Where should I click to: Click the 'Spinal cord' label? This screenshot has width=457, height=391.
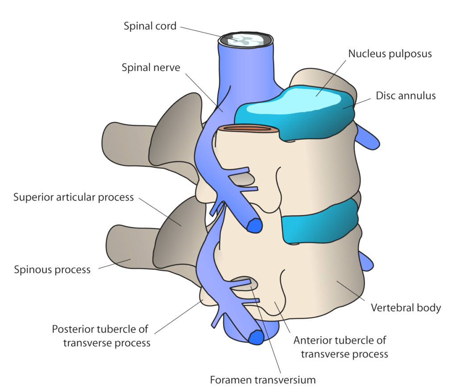pos(150,26)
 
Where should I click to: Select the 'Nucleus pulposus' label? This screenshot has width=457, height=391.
pos(390,54)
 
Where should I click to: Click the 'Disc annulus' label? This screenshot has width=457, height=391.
pos(405,95)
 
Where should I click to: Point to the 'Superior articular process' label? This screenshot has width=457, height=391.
pos(73,197)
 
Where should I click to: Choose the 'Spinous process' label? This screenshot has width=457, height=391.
pos(52,269)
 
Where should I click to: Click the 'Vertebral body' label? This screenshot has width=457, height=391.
pos(406,307)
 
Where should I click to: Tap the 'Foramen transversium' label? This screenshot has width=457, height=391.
pos(263,380)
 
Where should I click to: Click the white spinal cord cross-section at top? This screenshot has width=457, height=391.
pos(245,40)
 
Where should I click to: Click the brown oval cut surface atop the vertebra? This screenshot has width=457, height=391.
pos(248,129)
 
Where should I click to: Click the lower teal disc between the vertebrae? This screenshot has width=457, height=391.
pos(319,226)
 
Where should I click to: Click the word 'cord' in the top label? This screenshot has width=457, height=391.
pos(165,26)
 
